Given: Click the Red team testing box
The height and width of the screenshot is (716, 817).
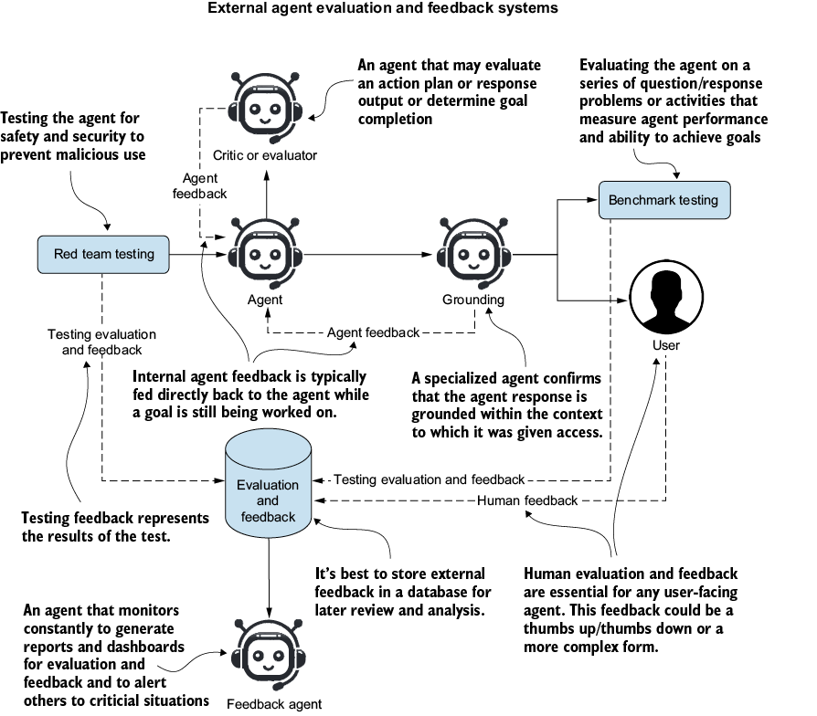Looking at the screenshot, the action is coord(103,254).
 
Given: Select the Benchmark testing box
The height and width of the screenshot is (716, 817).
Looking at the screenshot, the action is coord(664,200).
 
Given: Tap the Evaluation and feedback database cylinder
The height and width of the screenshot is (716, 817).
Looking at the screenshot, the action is coord(269,483).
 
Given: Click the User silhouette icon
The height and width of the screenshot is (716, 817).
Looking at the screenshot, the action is coord(666,298).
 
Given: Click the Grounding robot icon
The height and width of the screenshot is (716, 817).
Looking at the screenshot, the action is coord(473,254).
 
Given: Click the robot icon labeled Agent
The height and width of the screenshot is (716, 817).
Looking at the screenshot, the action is coord(265,254).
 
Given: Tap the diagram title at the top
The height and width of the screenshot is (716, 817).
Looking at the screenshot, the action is coord(383,8).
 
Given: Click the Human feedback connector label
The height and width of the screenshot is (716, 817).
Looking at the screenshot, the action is coord(527,500).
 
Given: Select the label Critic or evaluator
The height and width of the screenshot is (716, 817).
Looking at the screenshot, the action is coord(265,155).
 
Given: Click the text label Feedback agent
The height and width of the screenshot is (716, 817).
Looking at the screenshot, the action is coord(274,704).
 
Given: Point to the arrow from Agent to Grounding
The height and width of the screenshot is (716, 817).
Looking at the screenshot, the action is coord(368,255).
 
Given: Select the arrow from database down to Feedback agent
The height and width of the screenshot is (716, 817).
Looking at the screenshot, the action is coord(269,578).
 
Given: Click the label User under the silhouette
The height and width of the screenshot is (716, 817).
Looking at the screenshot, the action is coord(666,345).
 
